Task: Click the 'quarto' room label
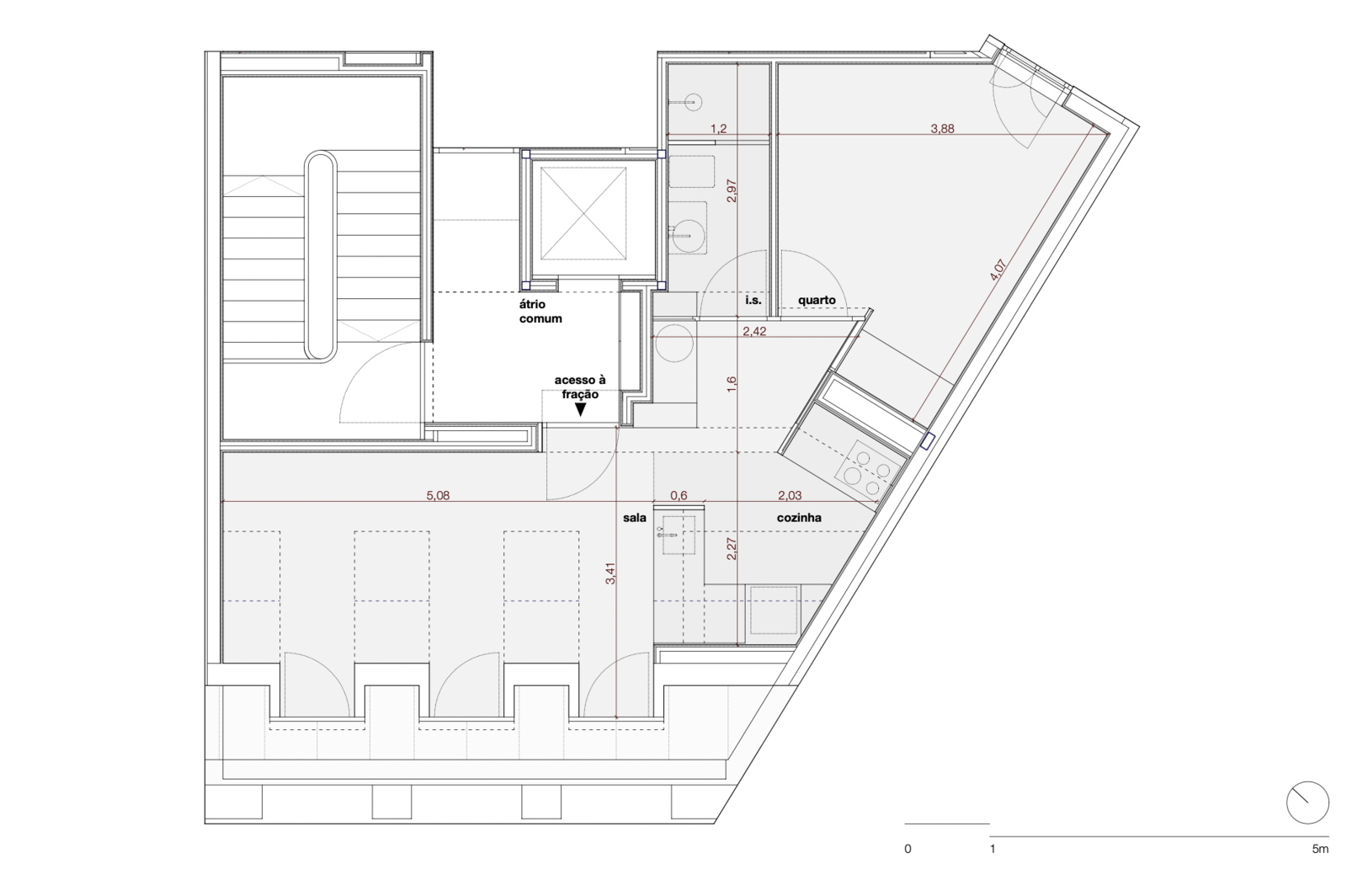coord(817,301)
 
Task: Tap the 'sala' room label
coord(635,517)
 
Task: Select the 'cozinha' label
coord(799,517)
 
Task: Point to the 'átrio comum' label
coord(540,312)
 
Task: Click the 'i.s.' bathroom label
coord(753,300)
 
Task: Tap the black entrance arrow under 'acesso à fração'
coord(580,410)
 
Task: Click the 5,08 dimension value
coord(438,495)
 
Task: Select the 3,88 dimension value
coord(942,128)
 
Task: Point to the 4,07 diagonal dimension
coord(997,278)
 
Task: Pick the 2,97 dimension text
coord(732,190)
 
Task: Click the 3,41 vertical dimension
coord(610,573)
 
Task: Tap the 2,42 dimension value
coord(754,331)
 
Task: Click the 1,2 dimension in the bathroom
coord(719,128)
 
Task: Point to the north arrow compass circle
coord(1307,802)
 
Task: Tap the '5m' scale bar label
coord(1320,849)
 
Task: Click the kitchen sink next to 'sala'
coord(679,534)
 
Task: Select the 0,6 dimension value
coord(679,495)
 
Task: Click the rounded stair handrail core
coord(321,256)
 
